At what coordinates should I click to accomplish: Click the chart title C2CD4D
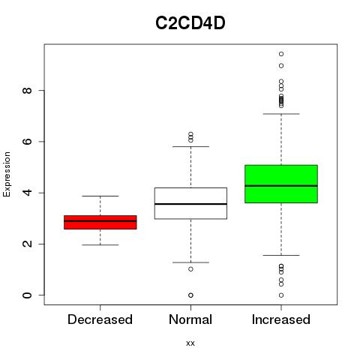(190, 23)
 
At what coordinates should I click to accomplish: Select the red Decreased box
(100, 222)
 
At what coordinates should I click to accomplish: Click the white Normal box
(190, 203)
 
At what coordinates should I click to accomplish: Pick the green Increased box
(281, 184)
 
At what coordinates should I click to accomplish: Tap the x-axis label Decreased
(100, 319)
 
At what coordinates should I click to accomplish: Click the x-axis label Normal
(190, 319)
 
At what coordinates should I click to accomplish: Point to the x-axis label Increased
(281, 319)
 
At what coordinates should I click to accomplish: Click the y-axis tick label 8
(27, 90)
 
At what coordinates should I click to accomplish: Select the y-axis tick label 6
(27, 142)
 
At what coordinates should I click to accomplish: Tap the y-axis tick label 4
(27, 193)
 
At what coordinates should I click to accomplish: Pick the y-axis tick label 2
(27, 244)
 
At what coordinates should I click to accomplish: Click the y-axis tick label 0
(27, 295)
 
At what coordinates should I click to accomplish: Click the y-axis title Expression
(7, 174)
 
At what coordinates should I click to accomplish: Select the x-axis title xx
(190, 343)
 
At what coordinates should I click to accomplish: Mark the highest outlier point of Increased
(281, 54)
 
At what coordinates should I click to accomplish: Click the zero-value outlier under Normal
(190, 295)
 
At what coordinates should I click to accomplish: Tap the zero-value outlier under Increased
(281, 295)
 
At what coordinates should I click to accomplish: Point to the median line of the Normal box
(190, 204)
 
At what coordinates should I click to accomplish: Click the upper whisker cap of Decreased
(100, 196)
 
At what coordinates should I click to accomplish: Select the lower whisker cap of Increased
(281, 255)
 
